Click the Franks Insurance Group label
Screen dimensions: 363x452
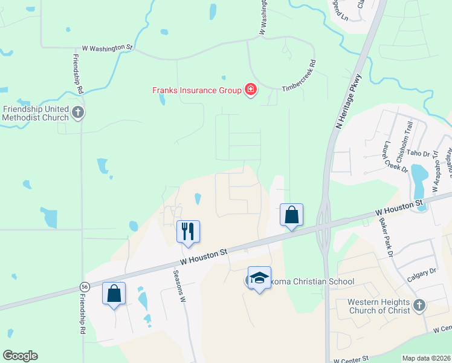(x=196, y=91)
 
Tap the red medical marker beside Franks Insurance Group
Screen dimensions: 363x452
(x=250, y=91)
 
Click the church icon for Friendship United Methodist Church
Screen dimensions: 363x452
(x=77, y=112)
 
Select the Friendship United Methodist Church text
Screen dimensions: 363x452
(x=35, y=113)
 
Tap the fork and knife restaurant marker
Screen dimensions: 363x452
(x=188, y=231)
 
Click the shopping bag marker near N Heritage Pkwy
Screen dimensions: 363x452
(x=291, y=214)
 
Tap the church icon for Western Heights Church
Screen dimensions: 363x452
(x=420, y=306)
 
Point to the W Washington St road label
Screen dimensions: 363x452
(x=107, y=47)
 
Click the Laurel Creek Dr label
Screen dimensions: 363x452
(x=389, y=154)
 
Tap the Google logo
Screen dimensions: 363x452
(x=20, y=356)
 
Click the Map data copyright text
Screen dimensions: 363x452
(x=426, y=358)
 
